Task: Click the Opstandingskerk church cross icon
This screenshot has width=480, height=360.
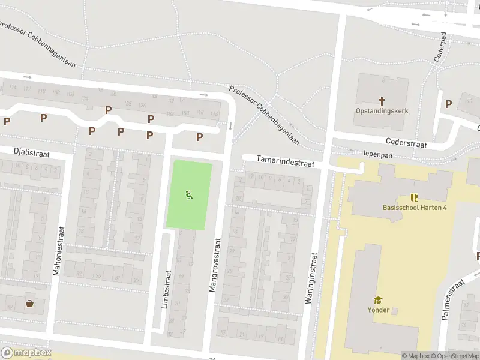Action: [381, 100]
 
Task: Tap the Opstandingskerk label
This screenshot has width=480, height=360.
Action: [382, 111]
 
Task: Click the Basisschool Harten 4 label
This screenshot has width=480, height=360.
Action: [415, 208]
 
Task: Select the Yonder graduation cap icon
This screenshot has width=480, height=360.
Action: [379, 300]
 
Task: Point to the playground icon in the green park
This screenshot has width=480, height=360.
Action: [188, 194]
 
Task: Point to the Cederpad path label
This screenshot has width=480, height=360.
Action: [440, 46]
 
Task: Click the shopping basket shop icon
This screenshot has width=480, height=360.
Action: [29, 303]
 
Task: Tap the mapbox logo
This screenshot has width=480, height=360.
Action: [26, 353]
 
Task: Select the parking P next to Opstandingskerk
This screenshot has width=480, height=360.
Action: [448, 104]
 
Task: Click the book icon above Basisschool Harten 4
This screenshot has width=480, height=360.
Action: [414, 197]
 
